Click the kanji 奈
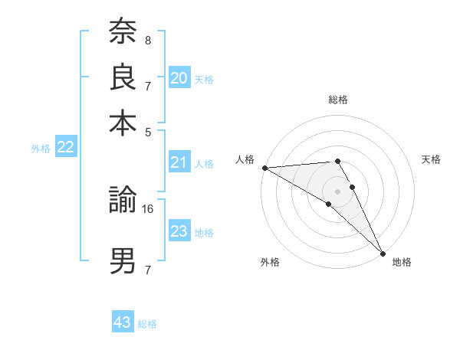click(123, 33)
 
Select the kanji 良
click(123, 78)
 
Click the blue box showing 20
click(179, 78)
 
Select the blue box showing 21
click(179, 162)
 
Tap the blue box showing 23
click(179, 231)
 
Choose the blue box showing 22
click(65, 148)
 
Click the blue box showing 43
click(123, 322)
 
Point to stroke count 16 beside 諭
click(149, 208)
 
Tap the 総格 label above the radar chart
click(338, 100)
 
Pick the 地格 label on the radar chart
click(402, 262)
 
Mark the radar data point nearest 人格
click(264, 168)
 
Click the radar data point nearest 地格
click(383, 254)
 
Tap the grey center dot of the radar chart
click(338, 191)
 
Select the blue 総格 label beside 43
click(148, 324)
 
